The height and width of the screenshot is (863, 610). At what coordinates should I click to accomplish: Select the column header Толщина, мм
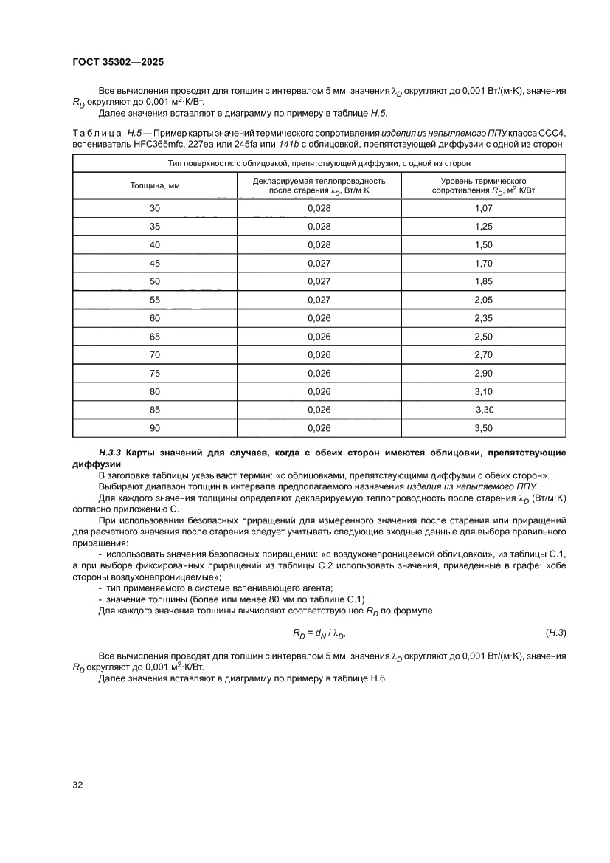coord(155,185)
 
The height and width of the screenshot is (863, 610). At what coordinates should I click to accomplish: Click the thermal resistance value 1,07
coord(483,208)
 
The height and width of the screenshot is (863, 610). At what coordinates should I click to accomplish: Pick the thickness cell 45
coord(155,263)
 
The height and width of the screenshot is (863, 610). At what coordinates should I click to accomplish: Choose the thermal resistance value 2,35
coord(483,318)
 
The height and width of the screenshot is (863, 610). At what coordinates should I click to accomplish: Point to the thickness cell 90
coord(155,428)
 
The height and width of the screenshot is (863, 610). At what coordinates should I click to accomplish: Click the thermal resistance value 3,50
coord(483,428)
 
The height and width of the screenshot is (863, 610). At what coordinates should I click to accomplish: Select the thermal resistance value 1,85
coord(483,281)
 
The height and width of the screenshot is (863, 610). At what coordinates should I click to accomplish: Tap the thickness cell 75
coord(155,374)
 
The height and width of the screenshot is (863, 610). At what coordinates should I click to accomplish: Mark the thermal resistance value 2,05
coord(483,300)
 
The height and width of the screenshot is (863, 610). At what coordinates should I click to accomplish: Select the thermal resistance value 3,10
coord(483,391)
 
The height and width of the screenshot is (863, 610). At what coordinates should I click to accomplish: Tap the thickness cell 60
coord(155,318)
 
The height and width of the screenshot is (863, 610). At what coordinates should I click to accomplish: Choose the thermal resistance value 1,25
coord(483,227)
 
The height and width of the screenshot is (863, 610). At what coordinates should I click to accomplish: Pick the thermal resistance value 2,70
coord(483,355)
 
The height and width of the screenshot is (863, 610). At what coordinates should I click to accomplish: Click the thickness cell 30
coord(155,208)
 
